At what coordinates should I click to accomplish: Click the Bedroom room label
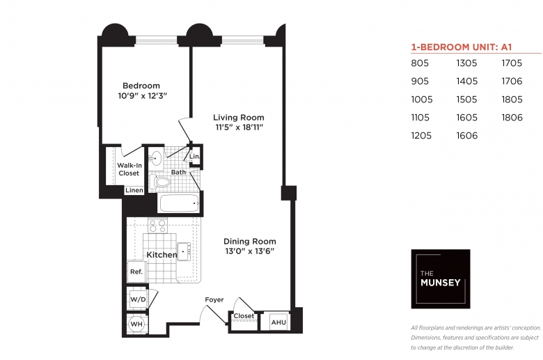[141, 86]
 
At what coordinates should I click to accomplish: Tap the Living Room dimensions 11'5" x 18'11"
[239, 127]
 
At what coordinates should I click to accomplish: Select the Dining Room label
[250, 241]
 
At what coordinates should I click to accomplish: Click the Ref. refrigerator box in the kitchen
[136, 272]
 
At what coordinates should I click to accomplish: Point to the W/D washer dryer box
[138, 299]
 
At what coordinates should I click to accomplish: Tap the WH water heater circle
[136, 324]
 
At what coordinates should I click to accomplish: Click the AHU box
[278, 322]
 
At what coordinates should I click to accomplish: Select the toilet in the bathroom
[159, 182]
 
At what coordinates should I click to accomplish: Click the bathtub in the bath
[179, 203]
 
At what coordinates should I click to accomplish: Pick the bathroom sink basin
[156, 158]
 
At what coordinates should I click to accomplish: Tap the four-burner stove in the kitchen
[157, 226]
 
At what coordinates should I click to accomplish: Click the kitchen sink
[184, 251]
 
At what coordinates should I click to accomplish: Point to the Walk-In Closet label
[129, 169]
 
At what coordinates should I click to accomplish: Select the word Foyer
[214, 299]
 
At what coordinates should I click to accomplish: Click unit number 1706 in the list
[512, 81]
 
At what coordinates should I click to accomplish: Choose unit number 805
[420, 63]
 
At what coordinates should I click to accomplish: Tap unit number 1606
[467, 136]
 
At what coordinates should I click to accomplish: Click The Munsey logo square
[441, 279]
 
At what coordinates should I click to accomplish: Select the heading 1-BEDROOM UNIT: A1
[462, 47]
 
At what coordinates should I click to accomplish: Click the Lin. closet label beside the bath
[194, 156]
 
